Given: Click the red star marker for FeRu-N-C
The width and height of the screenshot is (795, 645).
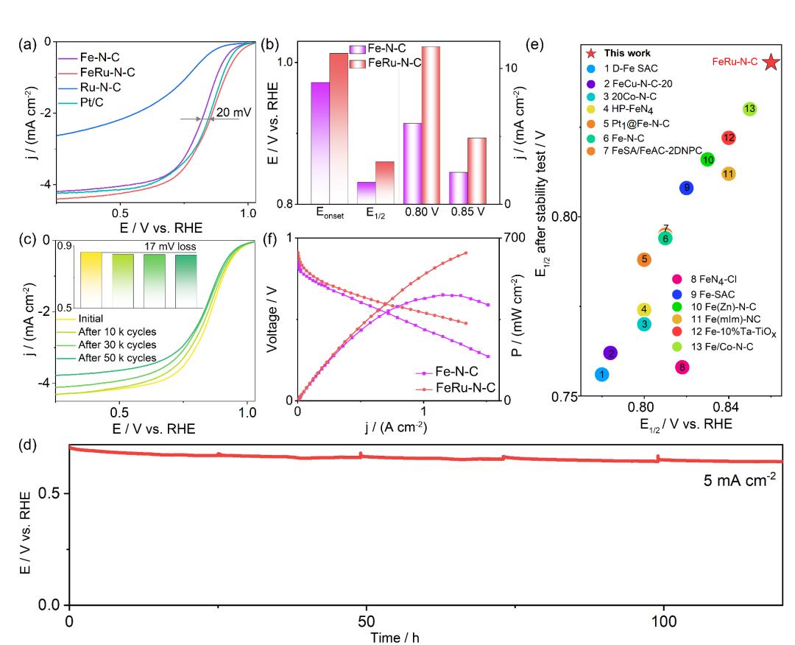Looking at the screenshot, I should (x=771, y=63).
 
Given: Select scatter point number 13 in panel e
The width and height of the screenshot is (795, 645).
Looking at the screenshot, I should (x=749, y=109).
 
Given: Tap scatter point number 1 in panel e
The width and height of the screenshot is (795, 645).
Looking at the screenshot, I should (x=601, y=375).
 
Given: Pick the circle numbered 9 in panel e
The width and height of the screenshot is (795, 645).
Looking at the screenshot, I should (x=686, y=188).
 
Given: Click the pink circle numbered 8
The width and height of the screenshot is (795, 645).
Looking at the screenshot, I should (x=682, y=367).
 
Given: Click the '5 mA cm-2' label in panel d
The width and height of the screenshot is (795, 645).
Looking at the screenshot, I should (x=741, y=485).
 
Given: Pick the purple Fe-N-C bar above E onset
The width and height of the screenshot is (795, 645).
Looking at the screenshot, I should (x=319, y=142).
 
